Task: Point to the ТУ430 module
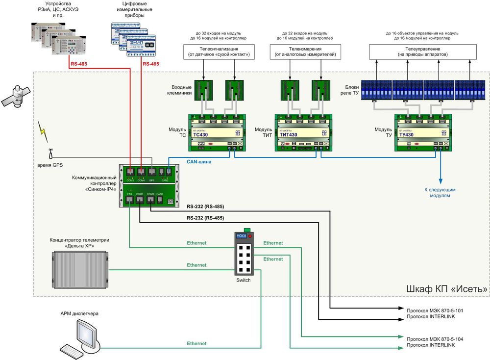point(422,132)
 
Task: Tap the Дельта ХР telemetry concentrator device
point(80,269)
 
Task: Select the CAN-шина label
point(199,161)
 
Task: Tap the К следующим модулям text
point(440,192)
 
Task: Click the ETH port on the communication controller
point(130,201)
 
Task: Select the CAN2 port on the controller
point(165,172)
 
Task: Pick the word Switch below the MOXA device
point(244,280)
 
